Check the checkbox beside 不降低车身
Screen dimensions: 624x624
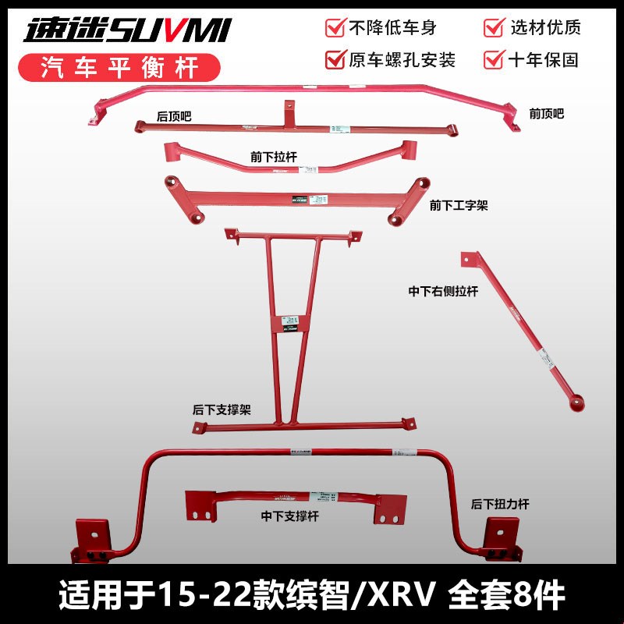pos(335,28)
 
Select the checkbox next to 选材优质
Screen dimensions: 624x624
pos(493,28)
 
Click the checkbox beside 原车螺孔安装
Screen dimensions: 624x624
pos(335,58)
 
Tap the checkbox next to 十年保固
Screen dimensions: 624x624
pos(493,58)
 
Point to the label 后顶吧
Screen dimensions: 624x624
pos(173,115)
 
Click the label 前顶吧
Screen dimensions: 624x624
pos(545,113)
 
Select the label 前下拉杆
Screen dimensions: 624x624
pos(268,156)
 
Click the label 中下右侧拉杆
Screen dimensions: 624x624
pos(442,292)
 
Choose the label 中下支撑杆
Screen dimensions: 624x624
pos(288,516)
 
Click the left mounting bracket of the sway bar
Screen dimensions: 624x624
pos(94,541)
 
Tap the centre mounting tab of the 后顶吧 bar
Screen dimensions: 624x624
pos(289,107)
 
